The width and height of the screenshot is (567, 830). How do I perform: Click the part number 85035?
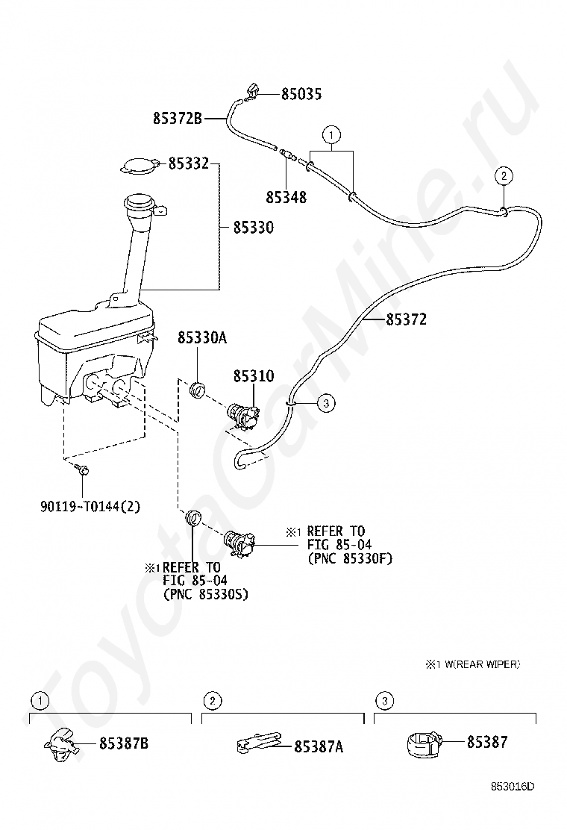[x=301, y=94]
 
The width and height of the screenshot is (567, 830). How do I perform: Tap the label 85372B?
[x=178, y=118]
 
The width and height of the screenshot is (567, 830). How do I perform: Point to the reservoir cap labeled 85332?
[x=139, y=164]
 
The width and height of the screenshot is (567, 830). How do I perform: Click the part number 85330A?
[x=202, y=337]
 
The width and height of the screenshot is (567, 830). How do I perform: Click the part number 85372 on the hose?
[x=406, y=319]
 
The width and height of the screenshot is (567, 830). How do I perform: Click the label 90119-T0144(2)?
[x=90, y=507]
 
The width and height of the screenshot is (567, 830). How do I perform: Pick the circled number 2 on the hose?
[x=504, y=175]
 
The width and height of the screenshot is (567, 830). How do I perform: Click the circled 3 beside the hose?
[x=326, y=403]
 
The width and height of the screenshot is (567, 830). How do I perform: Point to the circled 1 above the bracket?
[x=331, y=134]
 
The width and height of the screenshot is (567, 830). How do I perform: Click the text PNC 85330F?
[x=350, y=558]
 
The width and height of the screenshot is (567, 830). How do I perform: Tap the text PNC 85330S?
[x=206, y=594]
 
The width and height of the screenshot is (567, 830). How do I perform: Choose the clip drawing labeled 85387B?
[x=61, y=744]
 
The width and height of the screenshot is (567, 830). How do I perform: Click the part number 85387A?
[x=319, y=746]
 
